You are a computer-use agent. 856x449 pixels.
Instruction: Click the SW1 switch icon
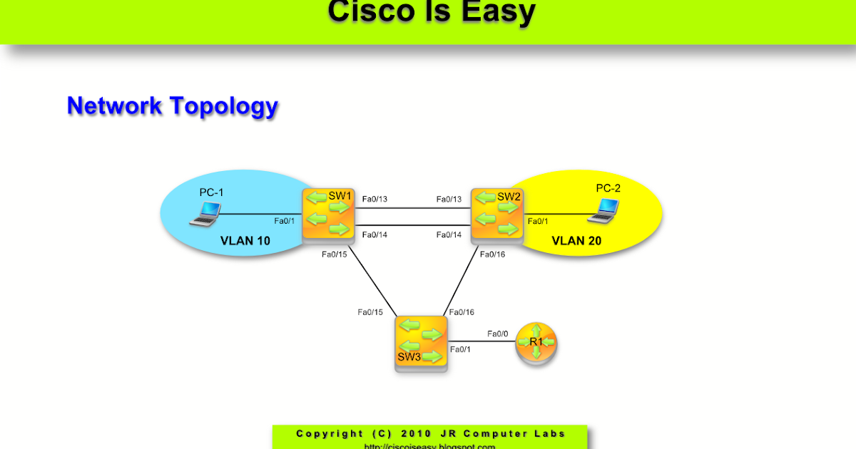point(329,215)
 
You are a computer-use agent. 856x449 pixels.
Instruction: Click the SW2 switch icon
point(496,215)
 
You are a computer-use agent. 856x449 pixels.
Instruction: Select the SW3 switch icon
point(421,343)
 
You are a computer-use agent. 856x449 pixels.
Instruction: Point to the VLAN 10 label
point(245,240)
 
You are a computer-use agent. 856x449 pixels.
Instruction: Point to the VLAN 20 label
point(576,241)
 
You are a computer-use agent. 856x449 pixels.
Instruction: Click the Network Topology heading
point(172,105)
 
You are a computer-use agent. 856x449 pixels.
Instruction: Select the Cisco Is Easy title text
point(432,12)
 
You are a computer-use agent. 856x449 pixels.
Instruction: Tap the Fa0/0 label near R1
point(498,334)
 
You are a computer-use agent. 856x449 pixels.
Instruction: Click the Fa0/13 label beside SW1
point(375,199)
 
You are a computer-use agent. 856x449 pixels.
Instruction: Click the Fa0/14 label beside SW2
point(449,234)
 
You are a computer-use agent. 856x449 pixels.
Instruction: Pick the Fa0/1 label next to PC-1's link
point(285,221)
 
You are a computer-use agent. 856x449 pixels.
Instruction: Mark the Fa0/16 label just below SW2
point(491,254)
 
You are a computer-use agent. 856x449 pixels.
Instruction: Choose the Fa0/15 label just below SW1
point(334,254)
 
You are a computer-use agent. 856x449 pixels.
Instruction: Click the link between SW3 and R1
point(481,341)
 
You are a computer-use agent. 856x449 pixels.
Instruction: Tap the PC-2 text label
point(608,188)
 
